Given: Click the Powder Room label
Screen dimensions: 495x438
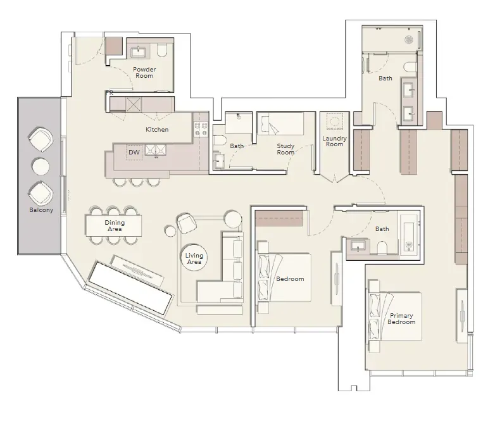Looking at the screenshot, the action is pyautogui.click(x=144, y=73).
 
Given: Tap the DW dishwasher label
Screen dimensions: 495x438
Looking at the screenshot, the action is pyautogui.click(x=134, y=153).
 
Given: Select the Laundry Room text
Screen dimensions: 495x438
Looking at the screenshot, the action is pyautogui.click(x=334, y=141).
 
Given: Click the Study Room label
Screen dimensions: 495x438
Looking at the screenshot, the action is pyautogui.click(x=285, y=149).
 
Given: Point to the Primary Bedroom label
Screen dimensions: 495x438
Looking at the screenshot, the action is pyautogui.click(x=401, y=319).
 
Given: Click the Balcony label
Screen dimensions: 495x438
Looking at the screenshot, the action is pyautogui.click(x=41, y=210).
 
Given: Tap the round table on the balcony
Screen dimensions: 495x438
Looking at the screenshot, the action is pyautogui.click(x=41, y=166).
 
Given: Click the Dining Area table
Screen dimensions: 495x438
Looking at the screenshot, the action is pyautogui.click(x=113, y=225).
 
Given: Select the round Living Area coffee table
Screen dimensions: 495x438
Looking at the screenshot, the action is pyautogui.click(x=194, y=258).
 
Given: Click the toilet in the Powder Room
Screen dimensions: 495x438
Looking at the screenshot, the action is pyautogui.click(x=161, y=51).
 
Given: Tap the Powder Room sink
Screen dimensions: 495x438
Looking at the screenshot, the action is pyautogui.click(x=138, y=52).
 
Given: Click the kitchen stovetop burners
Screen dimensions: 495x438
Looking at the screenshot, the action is pyautogui.click(x=201, y=129).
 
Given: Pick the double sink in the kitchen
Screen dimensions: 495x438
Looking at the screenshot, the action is pyautogui.click(x=155, y=151).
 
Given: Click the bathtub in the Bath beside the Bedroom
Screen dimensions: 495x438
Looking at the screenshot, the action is pyautogui.click(x=409, y=234).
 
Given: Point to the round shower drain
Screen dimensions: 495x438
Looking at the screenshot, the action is pyautogui.click(x=409, y=39).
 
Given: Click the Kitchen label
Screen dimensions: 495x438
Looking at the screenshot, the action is pyautogui.click(x=157, y=129).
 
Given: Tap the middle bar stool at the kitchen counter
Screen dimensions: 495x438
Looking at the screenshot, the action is pyautogui.click(x=137, y=182).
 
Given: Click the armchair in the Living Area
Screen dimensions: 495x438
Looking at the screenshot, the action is pyautogui.click(x=186, y=223).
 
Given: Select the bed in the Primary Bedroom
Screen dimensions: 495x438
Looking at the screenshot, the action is pyautogui.click(x=394, y=316).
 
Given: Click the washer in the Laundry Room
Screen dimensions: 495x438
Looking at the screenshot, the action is pyautogui.click(x=335, y=122).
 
